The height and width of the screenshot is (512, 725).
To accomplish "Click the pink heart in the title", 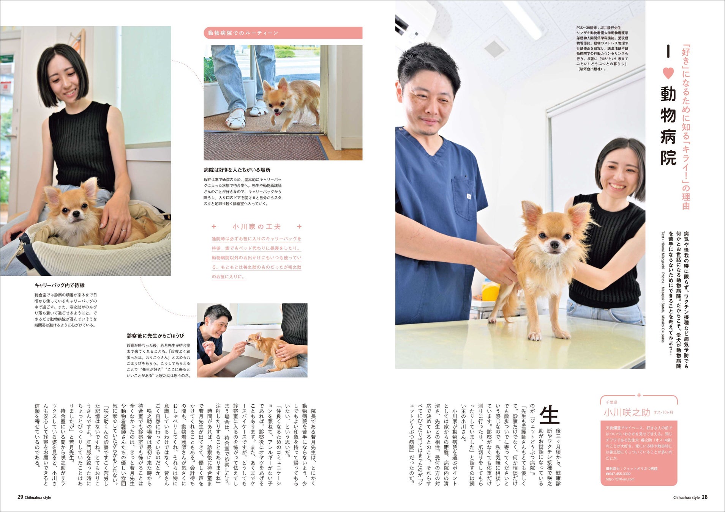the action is click(668, 73).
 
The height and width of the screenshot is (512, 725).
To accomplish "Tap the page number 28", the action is click(704, 497).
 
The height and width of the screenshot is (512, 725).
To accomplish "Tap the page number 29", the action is click(21, 497).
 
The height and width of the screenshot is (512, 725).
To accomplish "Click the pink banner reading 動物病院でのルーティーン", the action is click(283, 33).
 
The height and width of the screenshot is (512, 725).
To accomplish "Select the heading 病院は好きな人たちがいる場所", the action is click(237, 170).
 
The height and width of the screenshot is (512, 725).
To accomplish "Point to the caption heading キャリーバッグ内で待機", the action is click(60, 285).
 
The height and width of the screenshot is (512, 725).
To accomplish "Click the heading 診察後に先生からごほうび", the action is click(155, 336).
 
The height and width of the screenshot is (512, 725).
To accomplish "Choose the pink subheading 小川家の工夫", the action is click(257, 227).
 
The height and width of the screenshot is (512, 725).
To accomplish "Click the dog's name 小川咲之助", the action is click(627, 412).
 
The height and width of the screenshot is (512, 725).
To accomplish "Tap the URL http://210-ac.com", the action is click(620, 479).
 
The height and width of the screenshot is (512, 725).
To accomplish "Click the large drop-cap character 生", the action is click(549, 415).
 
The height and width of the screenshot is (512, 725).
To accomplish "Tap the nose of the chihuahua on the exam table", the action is click(555, 246).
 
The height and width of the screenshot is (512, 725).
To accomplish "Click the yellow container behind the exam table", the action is click(491, 291).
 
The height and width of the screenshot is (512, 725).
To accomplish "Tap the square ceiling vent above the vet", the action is click(494, 49).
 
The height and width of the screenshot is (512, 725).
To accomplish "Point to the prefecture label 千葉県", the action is click(611, 402).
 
